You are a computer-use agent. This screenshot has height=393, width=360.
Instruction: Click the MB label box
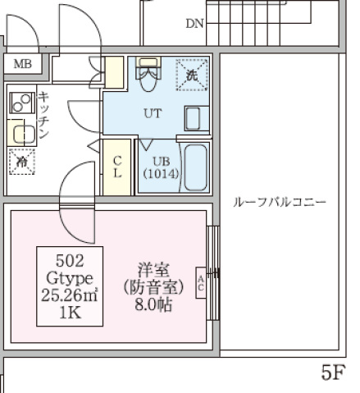[22, 63]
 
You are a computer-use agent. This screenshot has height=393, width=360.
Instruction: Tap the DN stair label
[194, 23]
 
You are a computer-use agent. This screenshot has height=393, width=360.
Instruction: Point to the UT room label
[153, 114]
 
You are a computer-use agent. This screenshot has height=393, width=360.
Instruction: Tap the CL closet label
[117, 167]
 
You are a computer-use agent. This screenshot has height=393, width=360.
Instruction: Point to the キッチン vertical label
[44, 116]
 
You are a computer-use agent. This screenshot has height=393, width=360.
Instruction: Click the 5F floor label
[330, 373]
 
